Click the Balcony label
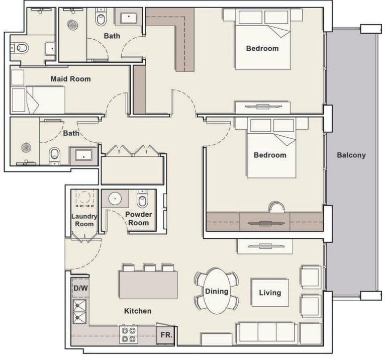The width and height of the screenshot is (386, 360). coord(351,155)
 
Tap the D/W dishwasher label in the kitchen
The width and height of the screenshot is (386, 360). coord(80,289)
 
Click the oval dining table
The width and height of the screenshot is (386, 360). coord(217,291)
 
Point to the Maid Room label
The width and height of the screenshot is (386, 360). coord(71,79)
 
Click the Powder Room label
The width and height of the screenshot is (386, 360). coord(139,218)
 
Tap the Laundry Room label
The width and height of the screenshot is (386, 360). coord(84,220)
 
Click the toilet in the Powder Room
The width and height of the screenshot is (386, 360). coord(142,201)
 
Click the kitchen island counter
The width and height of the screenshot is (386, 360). coord(148,285)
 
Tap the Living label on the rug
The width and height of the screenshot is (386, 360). coord(270,293)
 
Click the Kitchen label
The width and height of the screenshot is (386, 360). coord(138,311)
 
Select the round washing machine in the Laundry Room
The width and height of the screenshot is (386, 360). coord(84,197)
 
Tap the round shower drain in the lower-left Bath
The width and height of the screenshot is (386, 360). coord(26,147)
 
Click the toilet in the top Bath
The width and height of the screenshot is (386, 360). coord(101,19)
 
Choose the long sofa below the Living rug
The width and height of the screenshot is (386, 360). coord(266,332)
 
